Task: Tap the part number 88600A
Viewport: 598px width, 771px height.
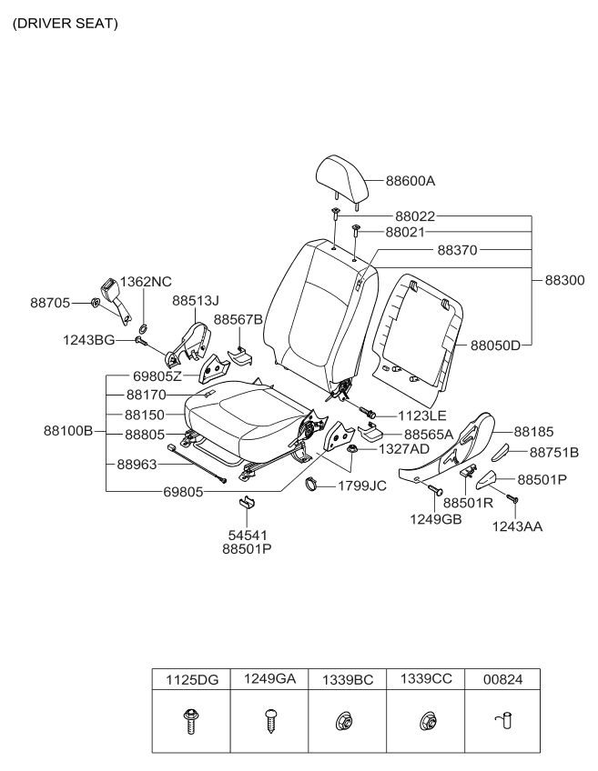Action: click(410, 181)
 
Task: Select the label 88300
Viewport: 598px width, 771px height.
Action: click(564, 281)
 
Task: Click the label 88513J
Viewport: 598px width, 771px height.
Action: click(196, 299)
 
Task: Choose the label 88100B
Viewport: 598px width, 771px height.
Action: click(69, 430)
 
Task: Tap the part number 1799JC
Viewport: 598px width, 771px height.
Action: click(362, 486)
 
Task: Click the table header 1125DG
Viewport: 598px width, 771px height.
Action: click(191, 677)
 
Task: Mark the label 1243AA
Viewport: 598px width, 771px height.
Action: click(517, 526)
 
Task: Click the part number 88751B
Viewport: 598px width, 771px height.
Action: click(561, 451)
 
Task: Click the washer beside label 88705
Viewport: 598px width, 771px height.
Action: click(96, 302)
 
